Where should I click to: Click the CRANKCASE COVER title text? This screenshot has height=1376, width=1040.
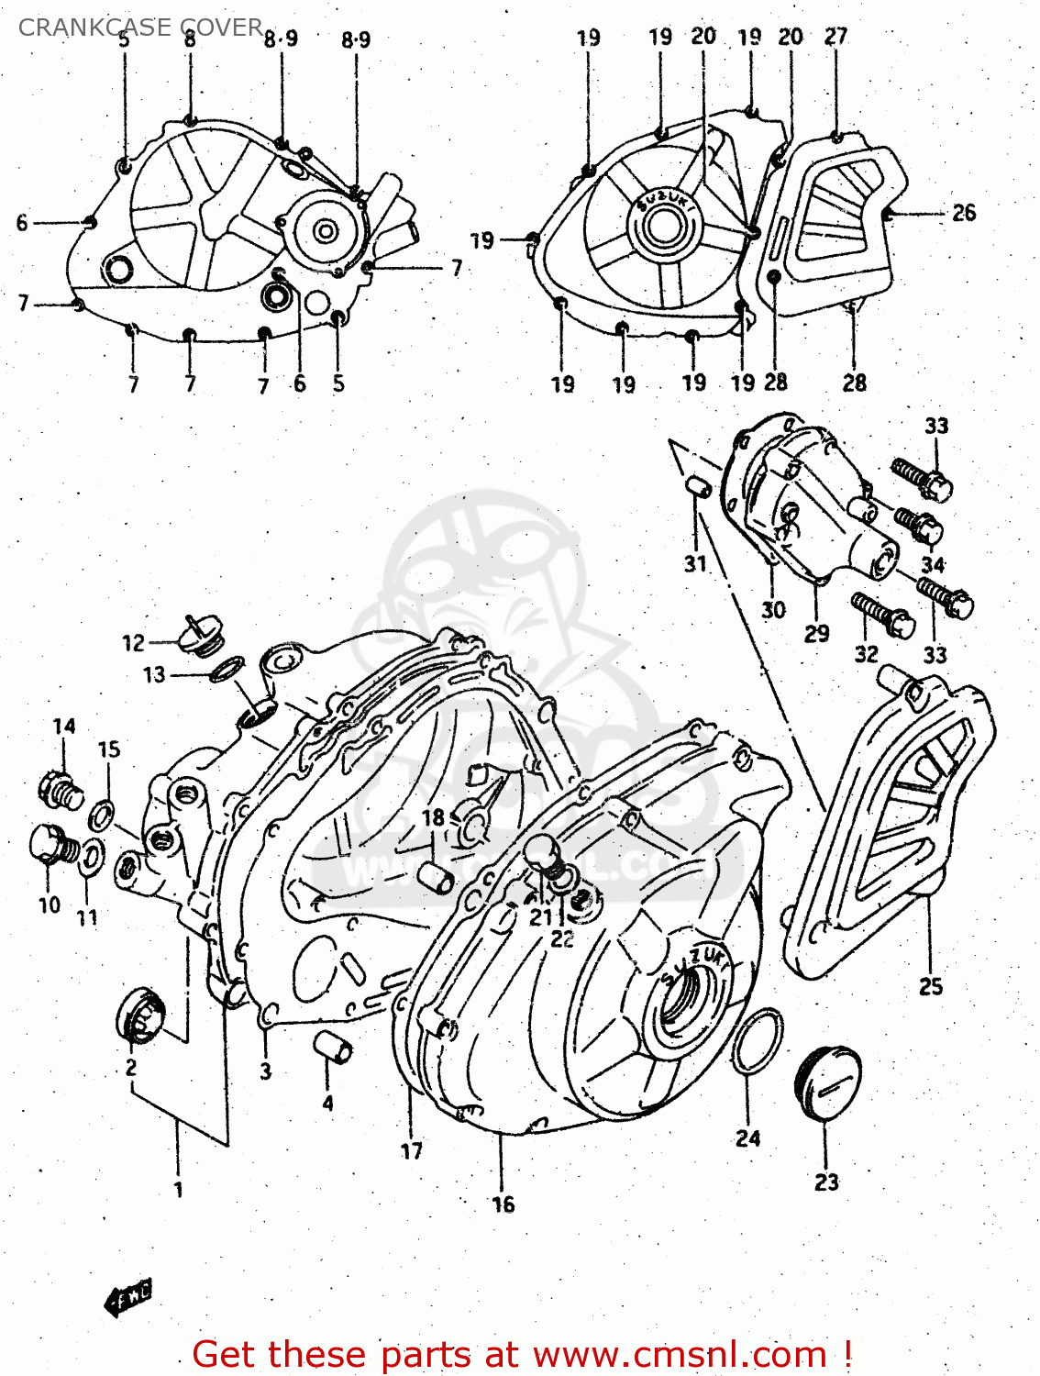(x=140, y=28)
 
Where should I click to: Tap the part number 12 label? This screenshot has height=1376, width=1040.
(x=134, y=643)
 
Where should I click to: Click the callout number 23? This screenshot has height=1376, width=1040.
(x=826, y=1182)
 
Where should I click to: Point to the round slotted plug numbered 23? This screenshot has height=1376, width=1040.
(x=827, y=1083)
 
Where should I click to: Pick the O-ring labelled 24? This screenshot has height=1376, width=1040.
(x=758, y=1041)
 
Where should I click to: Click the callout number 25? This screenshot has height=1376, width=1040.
(x=931, y=987)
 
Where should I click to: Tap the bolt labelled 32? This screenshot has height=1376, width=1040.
(x=882, y=615)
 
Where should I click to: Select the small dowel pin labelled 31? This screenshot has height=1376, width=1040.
(x=699, y=486)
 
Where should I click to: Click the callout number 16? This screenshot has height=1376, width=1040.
(x=503, y=1204)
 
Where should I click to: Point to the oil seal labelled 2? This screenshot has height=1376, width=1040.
(x=141, y=1015)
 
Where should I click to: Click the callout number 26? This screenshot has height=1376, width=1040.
(x=964, y=213)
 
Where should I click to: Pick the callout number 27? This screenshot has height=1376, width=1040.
(x=835, y=37)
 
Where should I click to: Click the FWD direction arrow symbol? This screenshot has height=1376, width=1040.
(x=127, y=1297)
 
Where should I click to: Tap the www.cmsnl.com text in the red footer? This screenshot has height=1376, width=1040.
(x=680, y=1354)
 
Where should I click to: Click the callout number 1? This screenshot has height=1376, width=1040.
(x=178, y=1190)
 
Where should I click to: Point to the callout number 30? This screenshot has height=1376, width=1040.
(x=773, y=610)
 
